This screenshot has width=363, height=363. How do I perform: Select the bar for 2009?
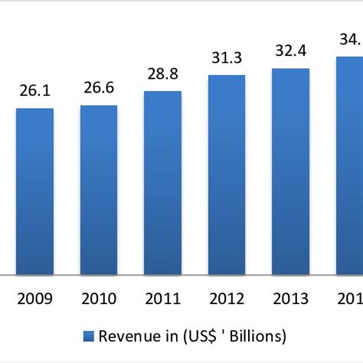35,191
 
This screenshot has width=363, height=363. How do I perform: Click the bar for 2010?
99,189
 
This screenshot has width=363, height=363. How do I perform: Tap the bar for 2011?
163,182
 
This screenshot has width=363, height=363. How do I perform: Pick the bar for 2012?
227,174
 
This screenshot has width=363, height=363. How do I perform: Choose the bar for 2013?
291,171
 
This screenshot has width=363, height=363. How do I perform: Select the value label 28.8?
163,75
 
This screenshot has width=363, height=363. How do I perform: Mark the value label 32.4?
291,51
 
